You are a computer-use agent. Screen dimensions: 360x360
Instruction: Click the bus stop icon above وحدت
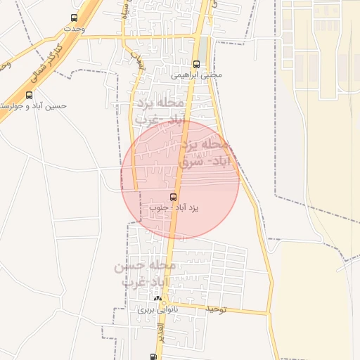[x=75, y=18]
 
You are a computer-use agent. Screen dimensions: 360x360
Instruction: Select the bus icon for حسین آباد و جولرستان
[x=29, y=95]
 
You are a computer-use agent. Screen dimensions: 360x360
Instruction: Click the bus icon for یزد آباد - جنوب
[x=173, y=197]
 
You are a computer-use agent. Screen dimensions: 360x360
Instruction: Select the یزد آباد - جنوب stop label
[x=174, y=208]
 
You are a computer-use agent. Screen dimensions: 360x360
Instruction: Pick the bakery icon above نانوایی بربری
[x=157, y=299]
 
